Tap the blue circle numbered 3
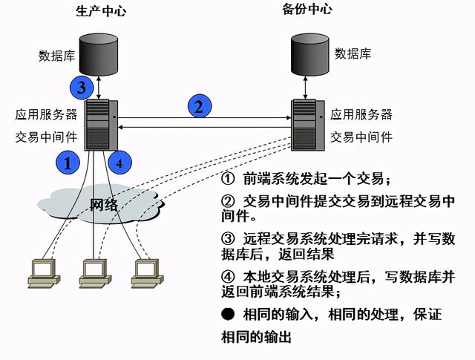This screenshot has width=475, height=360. (83, 87)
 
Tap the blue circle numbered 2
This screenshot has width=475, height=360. (198, 107)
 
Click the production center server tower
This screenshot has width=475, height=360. (99, 125)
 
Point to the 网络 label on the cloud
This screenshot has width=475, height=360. (104, 205)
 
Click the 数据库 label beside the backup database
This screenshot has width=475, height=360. (353, 53)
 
